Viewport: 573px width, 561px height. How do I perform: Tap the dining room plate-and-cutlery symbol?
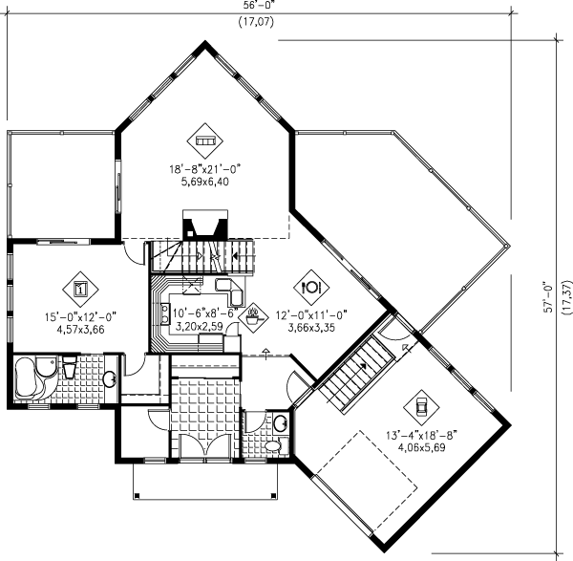312,285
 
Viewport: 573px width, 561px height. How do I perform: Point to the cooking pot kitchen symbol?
254,313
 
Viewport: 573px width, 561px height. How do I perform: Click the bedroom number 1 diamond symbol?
80,287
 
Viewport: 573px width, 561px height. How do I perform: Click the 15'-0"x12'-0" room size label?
80,318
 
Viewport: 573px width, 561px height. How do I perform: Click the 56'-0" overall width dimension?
254,5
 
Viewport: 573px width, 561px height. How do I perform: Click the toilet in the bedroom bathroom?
70,368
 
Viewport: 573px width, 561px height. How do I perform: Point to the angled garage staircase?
354,376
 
